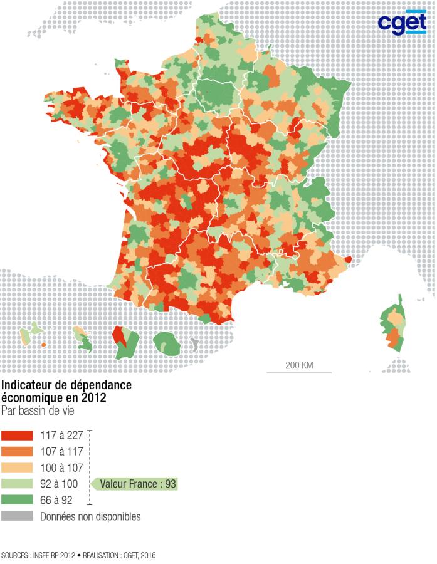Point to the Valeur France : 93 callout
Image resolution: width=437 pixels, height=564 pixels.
point(137,484)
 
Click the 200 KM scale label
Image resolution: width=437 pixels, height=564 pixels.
point(300,365)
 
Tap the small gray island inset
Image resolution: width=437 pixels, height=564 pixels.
point(194,344)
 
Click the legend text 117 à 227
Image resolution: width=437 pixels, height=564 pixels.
point(61,436)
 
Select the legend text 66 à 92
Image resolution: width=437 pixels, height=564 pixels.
point(57,500)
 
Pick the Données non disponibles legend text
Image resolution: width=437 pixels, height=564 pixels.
point(90,516)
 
